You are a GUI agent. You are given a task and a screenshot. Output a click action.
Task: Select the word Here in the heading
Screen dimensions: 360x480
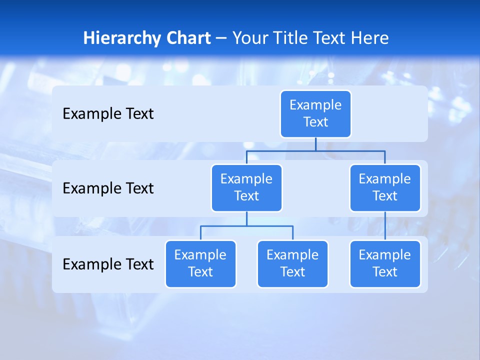click(370, 38)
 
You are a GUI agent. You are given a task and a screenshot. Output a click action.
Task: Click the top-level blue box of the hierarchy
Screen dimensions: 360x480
click(315, 114)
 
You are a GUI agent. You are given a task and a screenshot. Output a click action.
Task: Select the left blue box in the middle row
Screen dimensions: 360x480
click(246, 188)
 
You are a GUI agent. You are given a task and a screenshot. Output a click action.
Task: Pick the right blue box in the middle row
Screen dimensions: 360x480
click(385, 188)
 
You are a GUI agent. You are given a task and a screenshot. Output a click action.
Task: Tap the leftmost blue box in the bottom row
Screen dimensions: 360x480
click(200, 264)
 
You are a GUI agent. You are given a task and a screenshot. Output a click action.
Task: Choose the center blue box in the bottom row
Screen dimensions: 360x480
click(292, 264)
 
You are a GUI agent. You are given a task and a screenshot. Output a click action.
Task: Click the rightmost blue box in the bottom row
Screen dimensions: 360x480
click(385, 264)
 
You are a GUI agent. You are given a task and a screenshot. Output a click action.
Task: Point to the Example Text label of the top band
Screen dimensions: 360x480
click(108, 114)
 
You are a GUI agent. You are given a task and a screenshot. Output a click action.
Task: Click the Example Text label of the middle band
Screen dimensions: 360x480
click(108, 188)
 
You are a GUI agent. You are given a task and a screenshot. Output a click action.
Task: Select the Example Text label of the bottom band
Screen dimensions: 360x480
click(108, 264)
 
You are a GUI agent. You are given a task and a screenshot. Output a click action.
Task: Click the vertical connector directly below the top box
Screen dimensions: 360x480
click(315, 144)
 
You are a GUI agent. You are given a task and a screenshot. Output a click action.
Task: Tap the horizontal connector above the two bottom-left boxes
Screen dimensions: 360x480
click(246, 226)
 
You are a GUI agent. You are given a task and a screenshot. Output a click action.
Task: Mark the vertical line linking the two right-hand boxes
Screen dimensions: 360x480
click(385, 226)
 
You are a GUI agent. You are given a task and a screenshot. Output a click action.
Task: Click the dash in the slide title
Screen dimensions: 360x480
click(221, 38)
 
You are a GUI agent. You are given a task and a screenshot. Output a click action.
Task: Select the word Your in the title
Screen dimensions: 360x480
click(250, 38)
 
